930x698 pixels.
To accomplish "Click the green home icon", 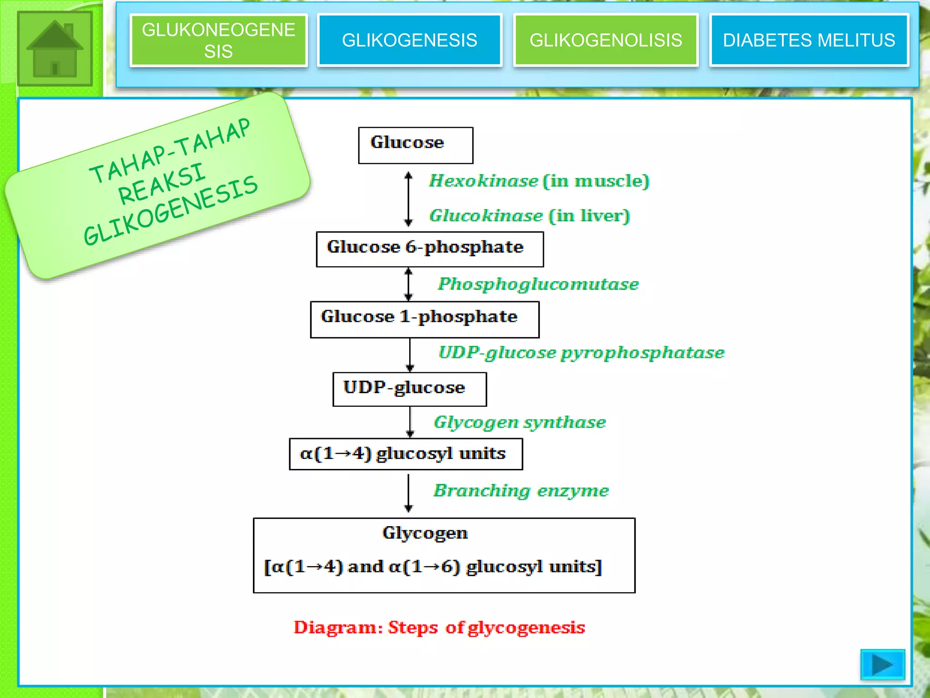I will point(55,49).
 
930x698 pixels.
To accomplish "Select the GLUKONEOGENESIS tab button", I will point(218,40).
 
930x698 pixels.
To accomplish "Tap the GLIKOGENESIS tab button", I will point(410,40).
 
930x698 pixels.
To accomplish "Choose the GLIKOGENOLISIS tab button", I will point(606,40).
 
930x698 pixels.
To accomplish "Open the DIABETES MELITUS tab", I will point(809,40).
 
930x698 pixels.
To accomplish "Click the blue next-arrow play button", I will point(882,665).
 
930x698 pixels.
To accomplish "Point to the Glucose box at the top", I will point(416,145).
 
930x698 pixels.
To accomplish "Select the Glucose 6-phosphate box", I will point(430,249).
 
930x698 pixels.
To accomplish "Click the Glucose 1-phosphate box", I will point(425,319).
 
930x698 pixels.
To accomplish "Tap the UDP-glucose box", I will point(410,389).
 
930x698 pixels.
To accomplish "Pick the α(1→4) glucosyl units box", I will point(406,454).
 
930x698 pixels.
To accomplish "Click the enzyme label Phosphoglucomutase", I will point(538,284).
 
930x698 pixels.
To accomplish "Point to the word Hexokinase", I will point(484,181).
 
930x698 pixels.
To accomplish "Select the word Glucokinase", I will point(486,216).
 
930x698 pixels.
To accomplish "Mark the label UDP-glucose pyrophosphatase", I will point(581,353).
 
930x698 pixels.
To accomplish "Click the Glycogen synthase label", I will point(520,422).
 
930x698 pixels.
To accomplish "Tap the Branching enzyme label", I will point(521,491).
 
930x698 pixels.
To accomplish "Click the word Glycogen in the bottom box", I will point(425,533).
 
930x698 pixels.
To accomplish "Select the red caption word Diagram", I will point(335,628).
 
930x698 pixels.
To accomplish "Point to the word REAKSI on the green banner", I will point(162,184).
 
